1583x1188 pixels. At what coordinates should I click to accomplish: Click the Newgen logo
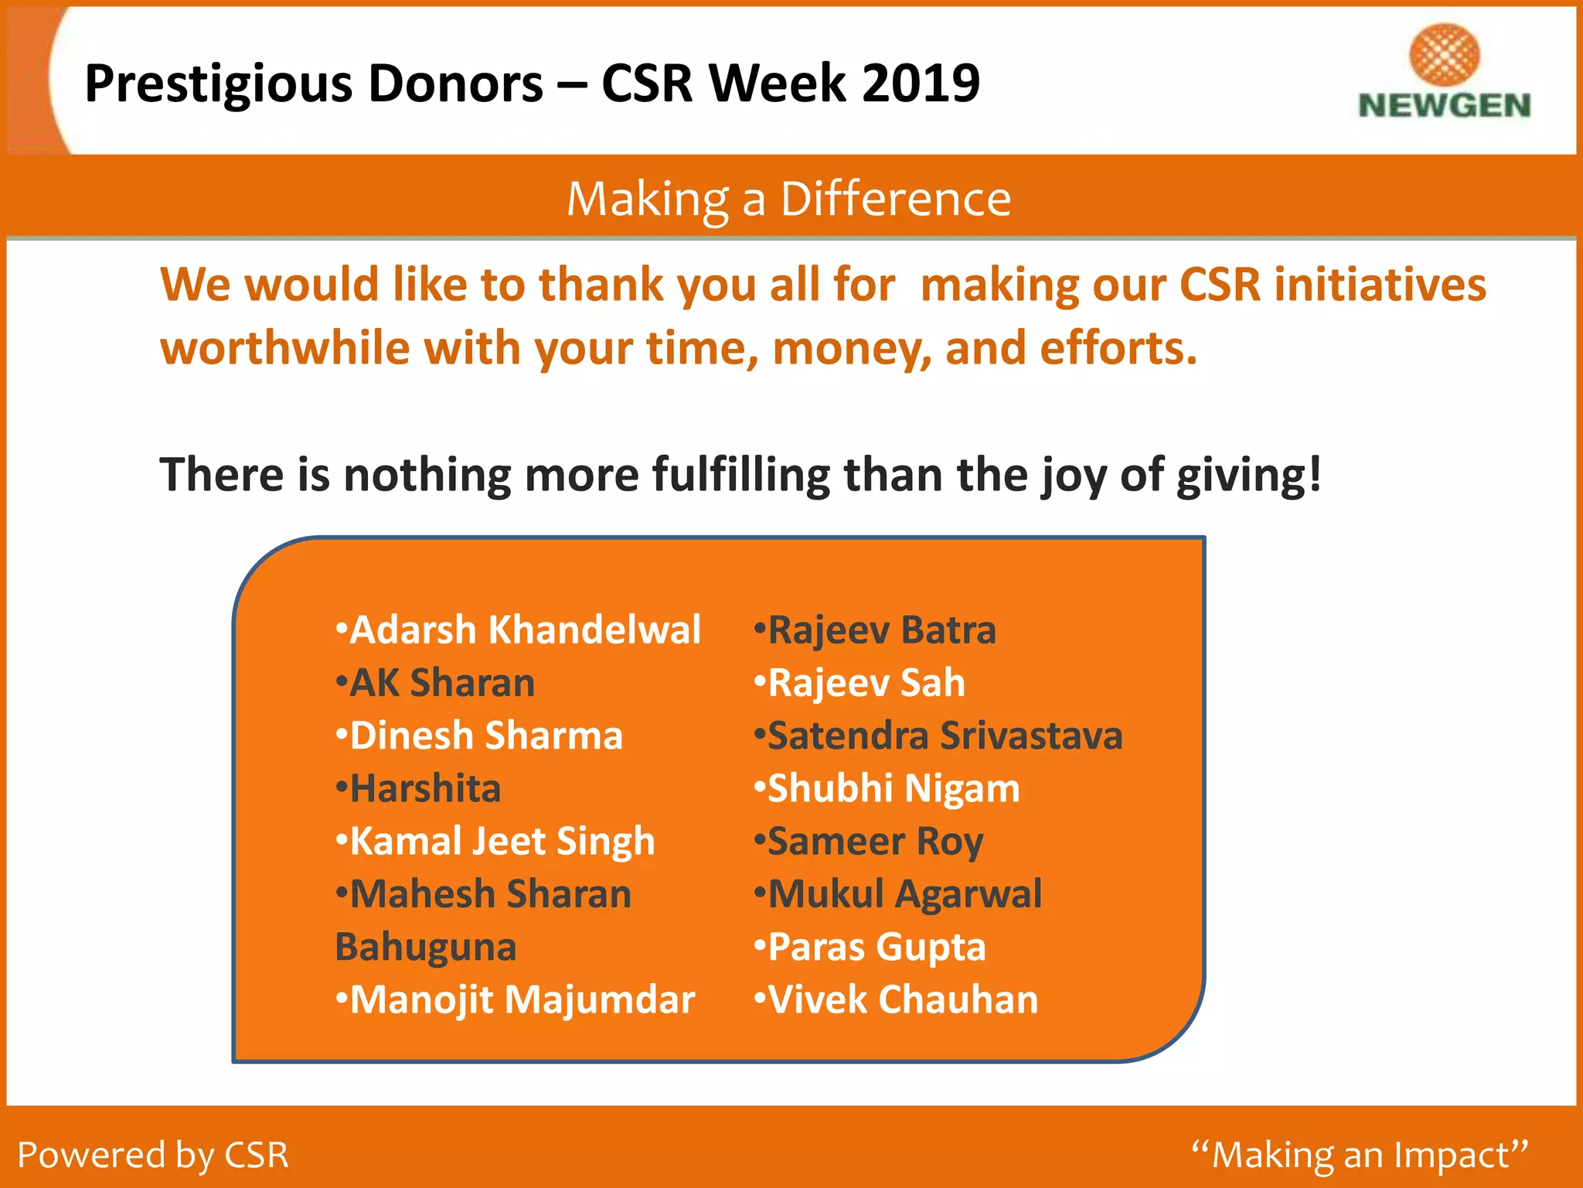pyautogui.click(x=1444, y=73)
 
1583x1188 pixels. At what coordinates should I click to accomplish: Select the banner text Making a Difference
pyautogui.click(x=789, y=199)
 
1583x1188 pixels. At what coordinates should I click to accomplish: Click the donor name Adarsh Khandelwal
pyautogui.click(x=525, y=630)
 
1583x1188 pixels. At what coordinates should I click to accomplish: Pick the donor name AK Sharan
pyautogui.click(x=442, y=683)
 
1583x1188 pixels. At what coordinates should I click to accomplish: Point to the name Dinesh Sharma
pyautogui.click(x=486, y=736)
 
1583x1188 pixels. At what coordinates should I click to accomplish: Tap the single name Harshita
pyautogui.click(x=425, y=789)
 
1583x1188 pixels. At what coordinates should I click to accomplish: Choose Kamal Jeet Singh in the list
pyautogui.click(x=502, y=841)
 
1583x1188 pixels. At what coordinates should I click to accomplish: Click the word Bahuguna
pyautogui.click(x=426, y=947)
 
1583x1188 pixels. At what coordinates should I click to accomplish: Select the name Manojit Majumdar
pyautogui.click(x=523, y=1000)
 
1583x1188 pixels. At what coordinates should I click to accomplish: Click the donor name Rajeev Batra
pyautogui.click(x=882, y=630)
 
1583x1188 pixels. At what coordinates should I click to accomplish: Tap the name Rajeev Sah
pyautogui.click(x=866, y=683)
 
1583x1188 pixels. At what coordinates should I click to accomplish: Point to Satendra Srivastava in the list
pyautogui.click(x=945, y=736)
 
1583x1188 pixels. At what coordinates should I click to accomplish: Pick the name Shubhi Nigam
pyautogui.click(x=894, y=789)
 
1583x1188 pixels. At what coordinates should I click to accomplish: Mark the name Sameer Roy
pyautogui.click(x=875, y=841)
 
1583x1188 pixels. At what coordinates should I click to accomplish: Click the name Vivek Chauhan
pyautogui.click(x=903, y=1000)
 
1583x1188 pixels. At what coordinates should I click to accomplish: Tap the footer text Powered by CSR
pyautogui.click(x=153, y=1155)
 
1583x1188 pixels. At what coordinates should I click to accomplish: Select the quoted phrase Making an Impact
pyautogui.click(x=1360, y=1155)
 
